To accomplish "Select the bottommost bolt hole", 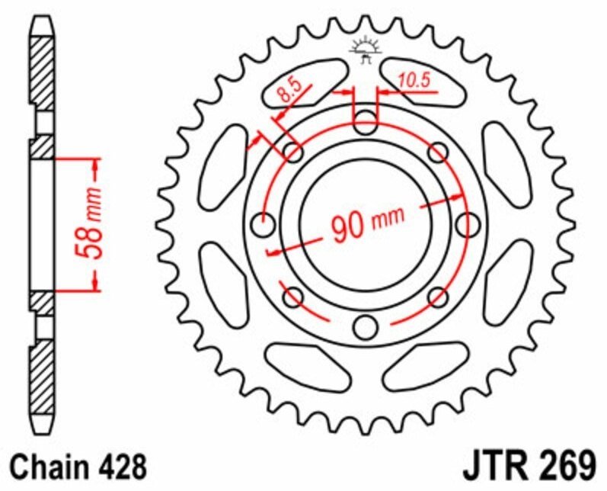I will pos(366,327).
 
